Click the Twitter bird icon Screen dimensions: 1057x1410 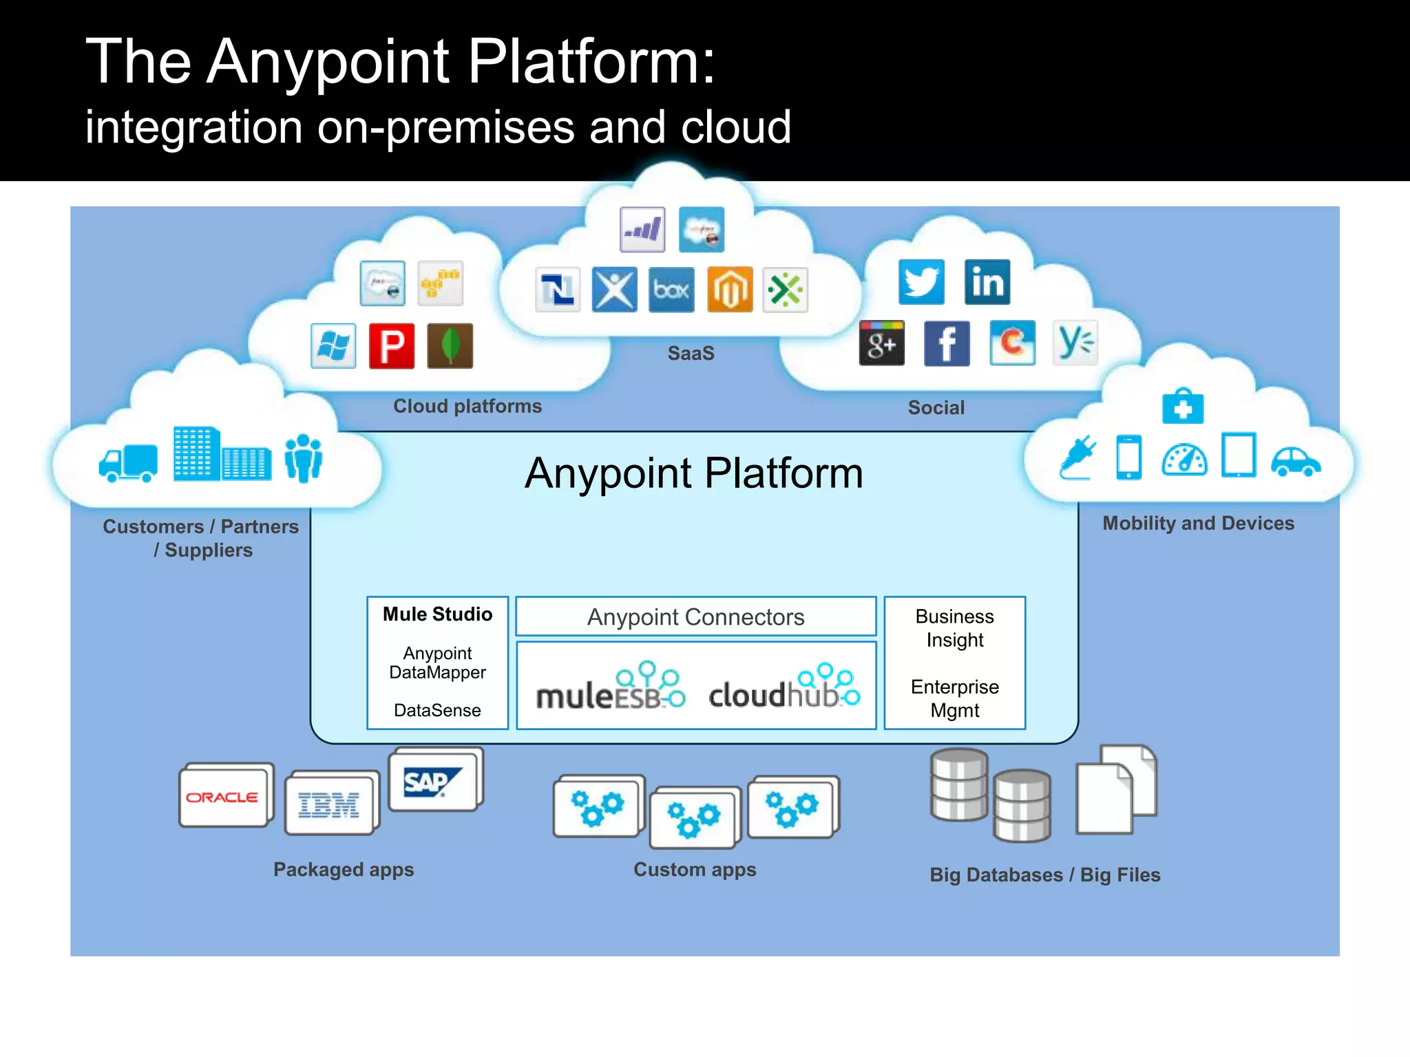[921, 282]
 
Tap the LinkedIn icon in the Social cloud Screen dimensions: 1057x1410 [987, 282]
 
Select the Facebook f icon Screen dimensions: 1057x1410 [947, 343]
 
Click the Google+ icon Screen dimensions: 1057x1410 [882, 343]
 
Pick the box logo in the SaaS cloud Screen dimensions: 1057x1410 [671, 290]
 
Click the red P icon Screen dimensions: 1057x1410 [392, 346]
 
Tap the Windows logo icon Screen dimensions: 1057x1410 [333, 346]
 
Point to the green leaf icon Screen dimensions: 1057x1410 [450, 346]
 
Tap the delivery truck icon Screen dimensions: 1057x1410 [128, 462]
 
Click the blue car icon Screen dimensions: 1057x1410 [1295, 462]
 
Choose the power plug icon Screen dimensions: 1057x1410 [1077, 457]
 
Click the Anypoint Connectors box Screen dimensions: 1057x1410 [695, 617]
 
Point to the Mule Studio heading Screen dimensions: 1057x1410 [437, 614]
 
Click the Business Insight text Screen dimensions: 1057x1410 [954, 628]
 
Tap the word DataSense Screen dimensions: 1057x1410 [437, 710]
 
